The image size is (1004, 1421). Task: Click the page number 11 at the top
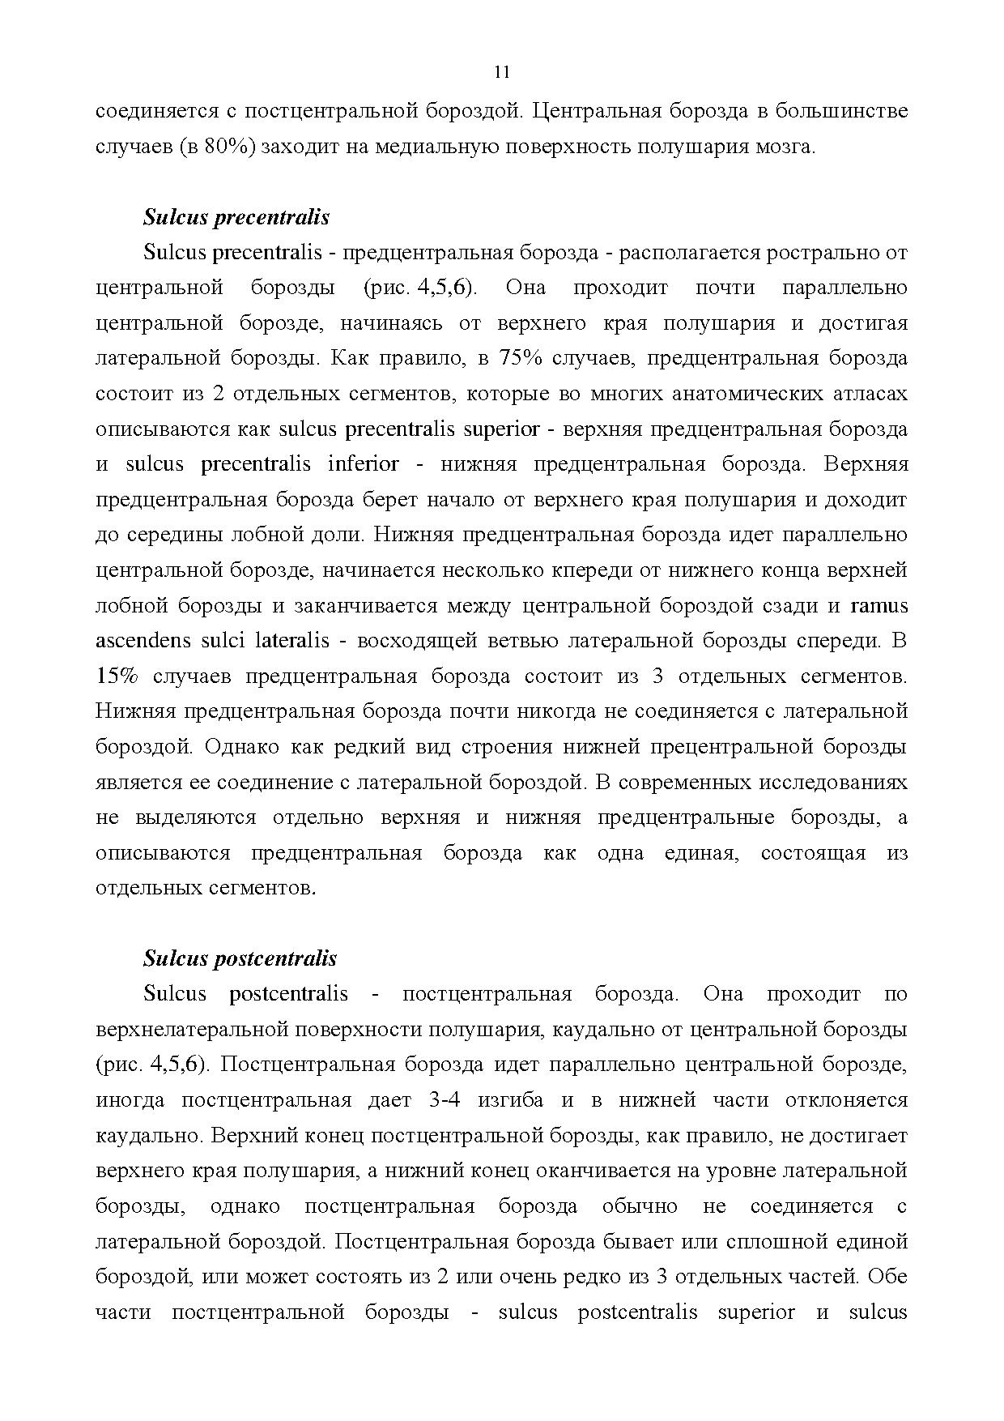[501, 72]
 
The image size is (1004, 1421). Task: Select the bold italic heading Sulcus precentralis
[236, 217]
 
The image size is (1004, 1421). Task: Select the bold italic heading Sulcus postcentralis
[240, 958]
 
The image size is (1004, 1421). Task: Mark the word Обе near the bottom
[889, 1277]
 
